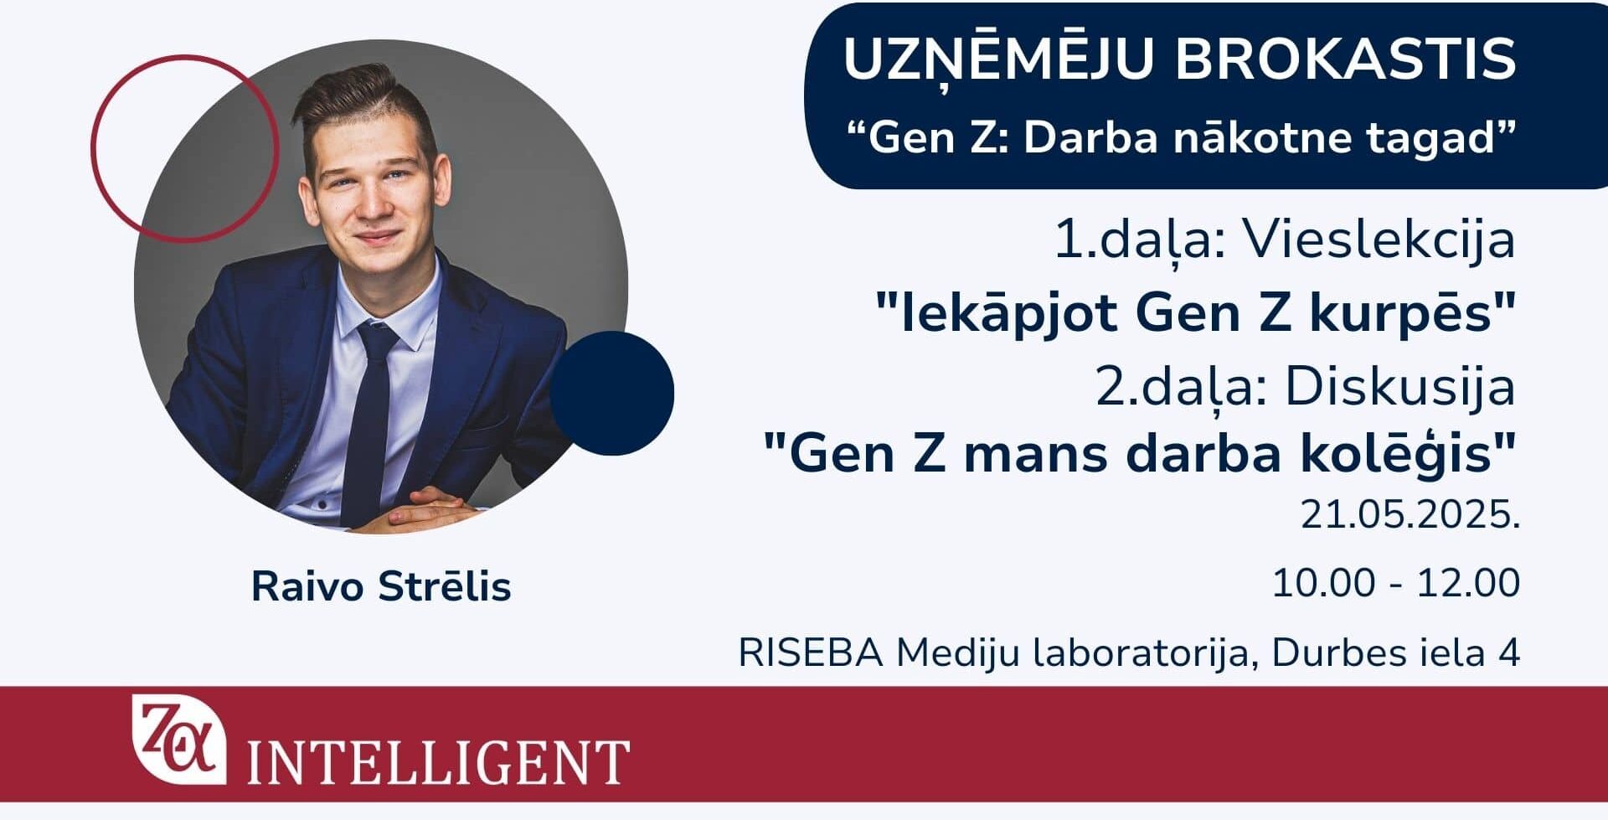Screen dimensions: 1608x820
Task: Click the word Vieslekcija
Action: pos(1379,240)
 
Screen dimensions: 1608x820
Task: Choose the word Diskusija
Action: pos(1400,388)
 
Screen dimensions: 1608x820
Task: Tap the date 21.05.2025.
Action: pos(1410,514)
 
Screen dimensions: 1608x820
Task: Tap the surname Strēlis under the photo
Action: pos(445,586)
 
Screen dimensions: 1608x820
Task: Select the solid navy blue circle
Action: pos(612,393)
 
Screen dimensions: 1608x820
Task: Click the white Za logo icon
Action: pos(179,738)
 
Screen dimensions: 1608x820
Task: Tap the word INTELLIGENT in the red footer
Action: pos(438,761)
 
